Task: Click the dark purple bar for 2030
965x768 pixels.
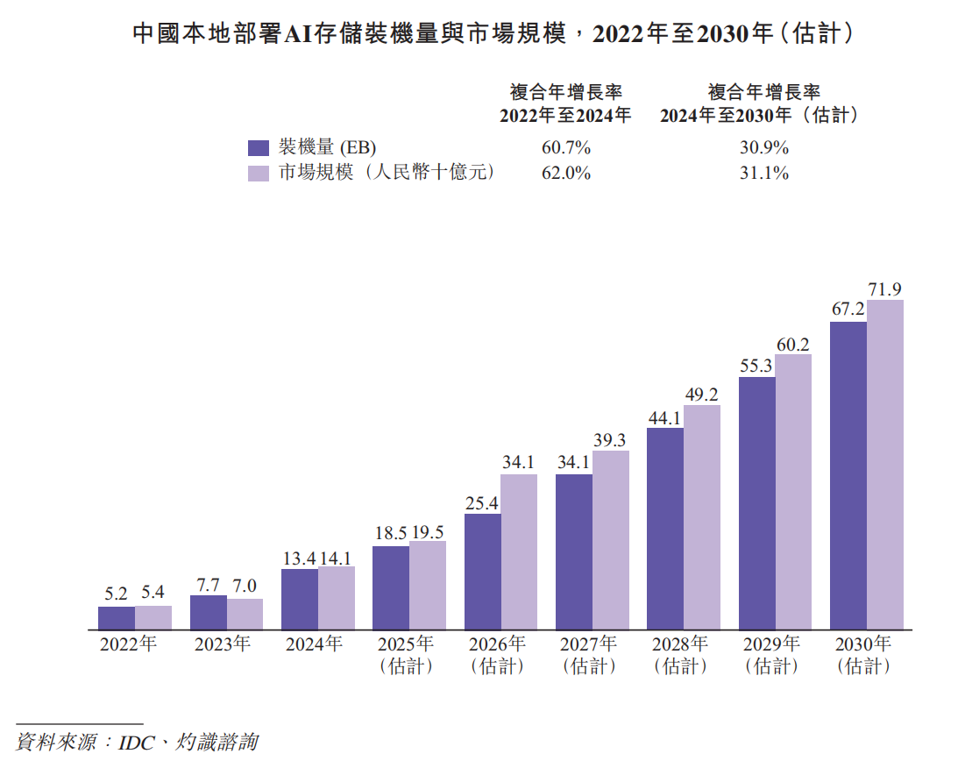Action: (x=848, y=476)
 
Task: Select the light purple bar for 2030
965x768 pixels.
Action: (x=884, y=465)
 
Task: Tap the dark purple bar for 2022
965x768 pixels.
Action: (x=117, y=618)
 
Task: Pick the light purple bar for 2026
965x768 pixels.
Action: (x=519, y=551)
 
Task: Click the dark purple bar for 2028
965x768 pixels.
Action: (x=665, y=529)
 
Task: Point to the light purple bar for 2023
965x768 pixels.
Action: (x=245, y=614)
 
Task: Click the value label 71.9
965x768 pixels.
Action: (x=885, y=288)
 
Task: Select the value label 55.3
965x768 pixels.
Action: (x=756, y=366)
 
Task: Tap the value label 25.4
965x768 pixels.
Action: (x=482, y=502)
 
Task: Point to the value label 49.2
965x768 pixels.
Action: (x=702, y=394)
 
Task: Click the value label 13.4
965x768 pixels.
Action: (x=299, y=558)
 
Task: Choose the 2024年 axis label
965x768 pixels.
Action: (x=314, y=644)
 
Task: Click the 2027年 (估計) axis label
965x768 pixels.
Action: (x=588, y=655)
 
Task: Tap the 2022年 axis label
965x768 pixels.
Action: (x=128, y=644)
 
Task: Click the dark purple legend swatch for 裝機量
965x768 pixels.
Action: (x=258, y=147)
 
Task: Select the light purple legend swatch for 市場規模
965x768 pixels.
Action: (x=258, y=173)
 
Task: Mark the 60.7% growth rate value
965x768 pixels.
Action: (x=566, y=147)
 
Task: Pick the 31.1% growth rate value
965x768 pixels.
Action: (x=763, y=173)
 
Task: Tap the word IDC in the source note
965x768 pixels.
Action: (x=137, y=742)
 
